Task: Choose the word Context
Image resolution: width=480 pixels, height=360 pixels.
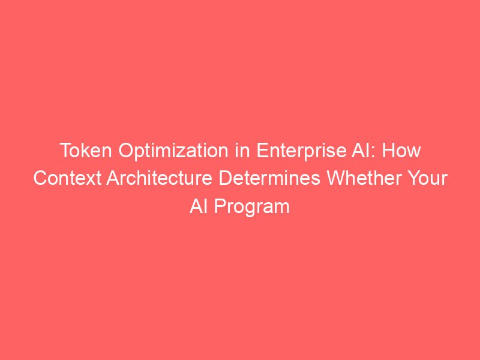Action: [67, 178]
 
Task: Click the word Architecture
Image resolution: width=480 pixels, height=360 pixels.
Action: [160, 178]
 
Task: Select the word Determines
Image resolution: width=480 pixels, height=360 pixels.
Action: [269, 178]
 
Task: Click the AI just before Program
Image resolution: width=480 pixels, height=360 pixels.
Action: [199, 206]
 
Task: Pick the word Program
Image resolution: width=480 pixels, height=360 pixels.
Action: [251, 207]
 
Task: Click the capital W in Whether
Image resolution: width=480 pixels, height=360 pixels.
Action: [337, 178]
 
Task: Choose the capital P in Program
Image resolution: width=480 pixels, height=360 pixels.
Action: [220, 206]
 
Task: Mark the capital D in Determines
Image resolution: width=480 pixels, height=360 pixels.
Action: [226, 178]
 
